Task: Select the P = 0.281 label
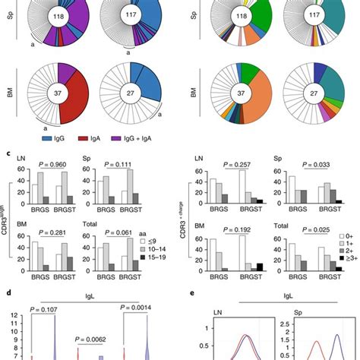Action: [x=48, y=232]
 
